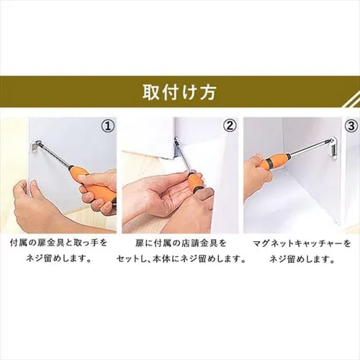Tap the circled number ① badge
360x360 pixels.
(x=107, y=127)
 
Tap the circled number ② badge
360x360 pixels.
(x=230, y=127)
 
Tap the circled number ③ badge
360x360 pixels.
(x=351, y=127)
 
